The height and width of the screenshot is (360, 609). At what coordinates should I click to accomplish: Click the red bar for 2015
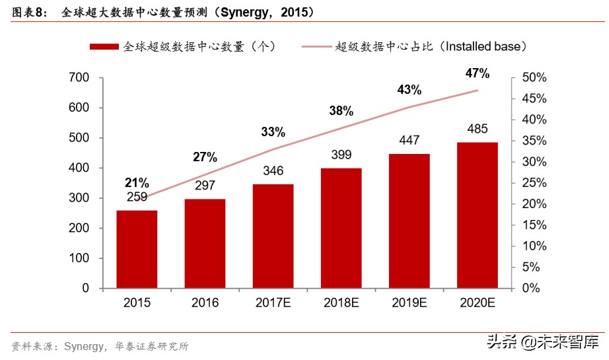(x=137, y=249)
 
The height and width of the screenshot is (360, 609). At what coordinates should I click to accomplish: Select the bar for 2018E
(x=341, y=228)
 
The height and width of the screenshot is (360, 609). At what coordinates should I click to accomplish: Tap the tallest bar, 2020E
(x=477, y=215)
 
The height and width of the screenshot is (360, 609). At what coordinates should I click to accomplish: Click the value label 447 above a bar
(x=409, y=141)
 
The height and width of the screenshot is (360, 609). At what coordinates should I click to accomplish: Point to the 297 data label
(x=205, y=186)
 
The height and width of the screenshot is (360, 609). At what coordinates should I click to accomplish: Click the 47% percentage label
(x=477, y=73)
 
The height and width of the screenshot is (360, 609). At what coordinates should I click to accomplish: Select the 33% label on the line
(x=273, y=131)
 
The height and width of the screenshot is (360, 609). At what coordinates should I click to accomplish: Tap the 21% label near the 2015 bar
(x=137, y=183)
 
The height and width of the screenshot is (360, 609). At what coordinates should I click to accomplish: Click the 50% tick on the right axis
(x=534, y=78)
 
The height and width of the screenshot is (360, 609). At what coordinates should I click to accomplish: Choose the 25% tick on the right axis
(x=534, y=183)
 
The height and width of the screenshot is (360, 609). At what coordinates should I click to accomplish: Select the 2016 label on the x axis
(x=205, y=303)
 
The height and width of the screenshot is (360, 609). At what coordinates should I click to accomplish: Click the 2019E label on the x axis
(x=409, y=303)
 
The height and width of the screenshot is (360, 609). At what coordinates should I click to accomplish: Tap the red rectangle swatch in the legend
(x=104, y=47)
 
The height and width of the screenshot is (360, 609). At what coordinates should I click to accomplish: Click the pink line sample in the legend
(x=316, y=47)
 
